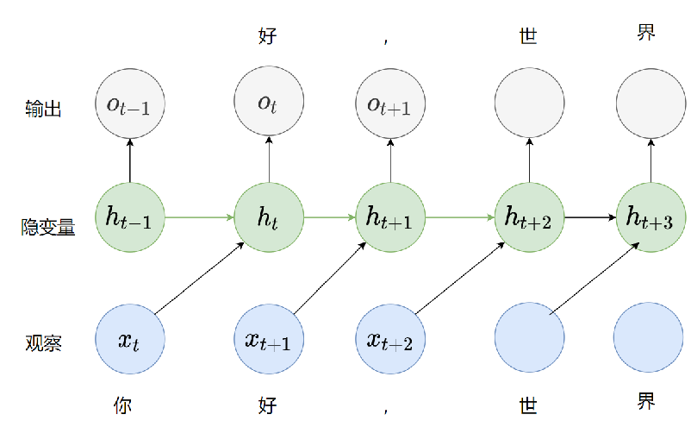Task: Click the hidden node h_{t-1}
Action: [130, 217]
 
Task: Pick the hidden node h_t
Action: [269, 217]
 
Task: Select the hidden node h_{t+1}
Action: [390, 217]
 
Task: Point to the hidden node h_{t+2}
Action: [529, 217]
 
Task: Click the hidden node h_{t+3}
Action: [651, 217]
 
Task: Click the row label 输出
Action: [43, 110]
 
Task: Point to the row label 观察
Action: [43, 343]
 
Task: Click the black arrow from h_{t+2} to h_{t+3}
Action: [589, 217]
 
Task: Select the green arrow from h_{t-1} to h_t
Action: [199, 217]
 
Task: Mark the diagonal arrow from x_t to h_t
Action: [200, 279]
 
